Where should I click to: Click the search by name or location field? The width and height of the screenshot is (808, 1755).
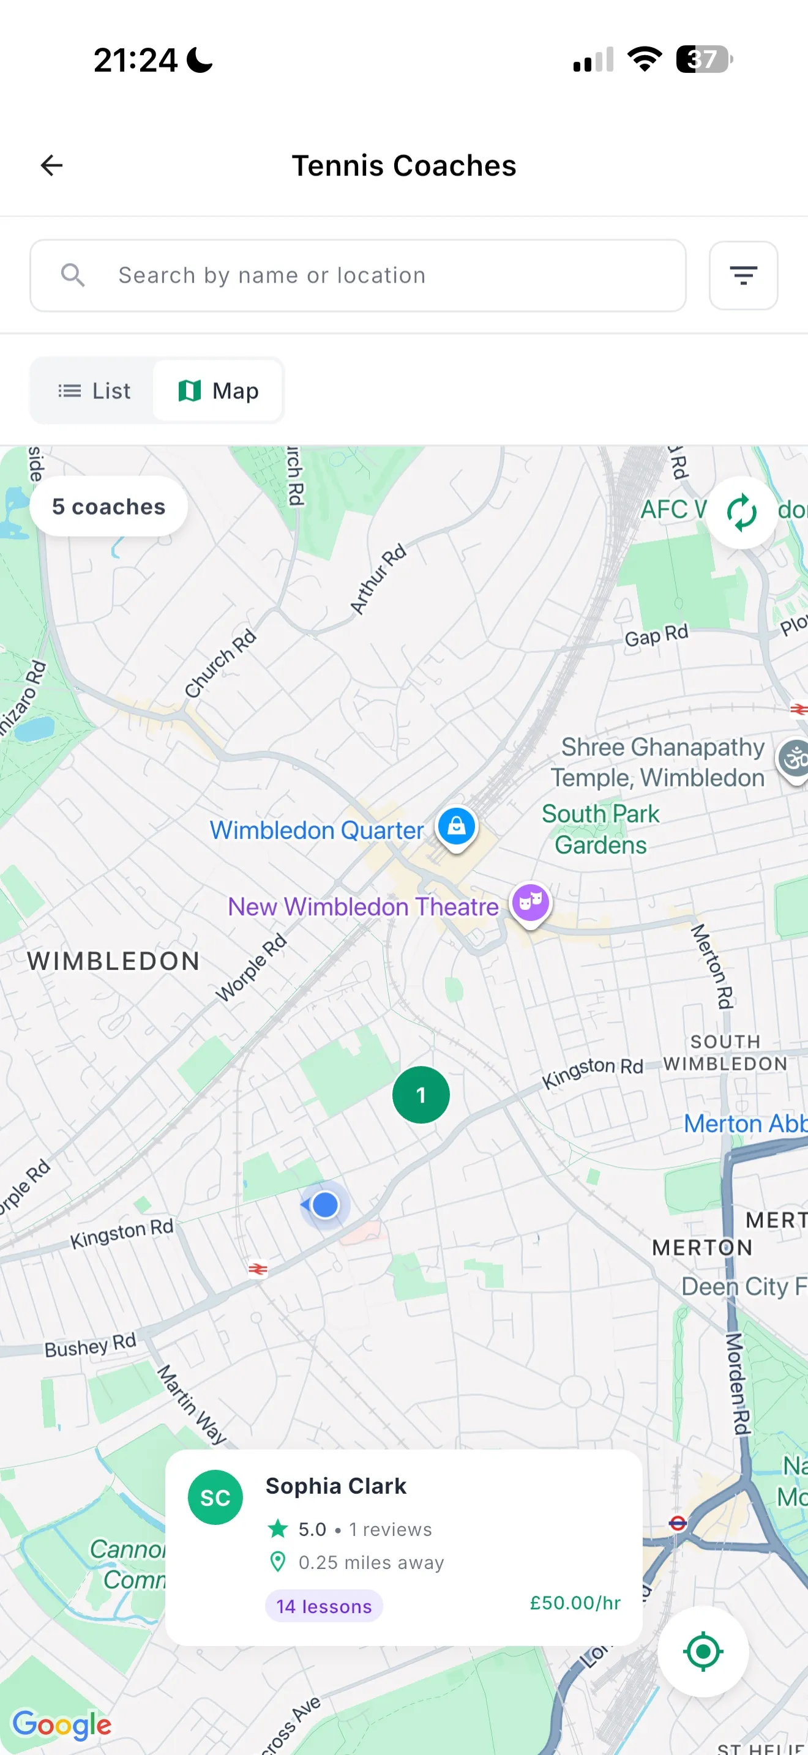(357, 275)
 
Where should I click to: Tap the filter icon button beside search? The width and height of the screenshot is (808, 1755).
(743, 275)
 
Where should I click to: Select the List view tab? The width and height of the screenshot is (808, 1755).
(94, 391)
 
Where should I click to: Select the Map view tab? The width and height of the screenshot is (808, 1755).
(218, 391)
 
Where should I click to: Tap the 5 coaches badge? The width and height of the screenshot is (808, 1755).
(108, 507)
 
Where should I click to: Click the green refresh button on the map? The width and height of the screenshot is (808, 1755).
(741, 512)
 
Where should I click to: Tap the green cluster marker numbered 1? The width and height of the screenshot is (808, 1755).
(421, 1095)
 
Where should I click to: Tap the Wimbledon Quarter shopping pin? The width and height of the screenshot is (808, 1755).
(457, 825)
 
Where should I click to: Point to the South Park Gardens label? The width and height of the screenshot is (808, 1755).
(600, 829)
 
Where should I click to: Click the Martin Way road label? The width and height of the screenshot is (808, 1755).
(192, 1404)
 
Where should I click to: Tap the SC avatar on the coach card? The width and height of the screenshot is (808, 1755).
(215, 1497)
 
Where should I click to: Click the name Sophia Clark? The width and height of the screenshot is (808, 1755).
(336, 1486)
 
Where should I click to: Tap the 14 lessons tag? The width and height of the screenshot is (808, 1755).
(324, 1606)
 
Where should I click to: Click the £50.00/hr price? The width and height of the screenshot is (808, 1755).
(575, 1603)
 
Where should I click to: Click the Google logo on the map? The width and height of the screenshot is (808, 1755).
(62, 1724)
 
